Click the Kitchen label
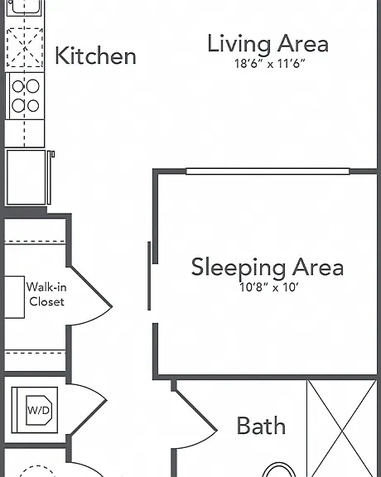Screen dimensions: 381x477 click(95, 55)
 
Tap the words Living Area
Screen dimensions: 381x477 click(268, 44)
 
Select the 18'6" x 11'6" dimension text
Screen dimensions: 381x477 click(270, 64)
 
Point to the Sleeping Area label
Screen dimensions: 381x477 click(268, 267)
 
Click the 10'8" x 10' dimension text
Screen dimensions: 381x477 click(269, 287)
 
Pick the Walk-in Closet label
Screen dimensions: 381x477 click(46, 294)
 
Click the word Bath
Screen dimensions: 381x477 click(261, 426)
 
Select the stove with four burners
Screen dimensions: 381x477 click(25, 96)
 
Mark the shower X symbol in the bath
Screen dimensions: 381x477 click(342, 428)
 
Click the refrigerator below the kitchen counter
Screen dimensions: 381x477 click(27, 177)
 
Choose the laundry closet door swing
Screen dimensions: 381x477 click(89, 409)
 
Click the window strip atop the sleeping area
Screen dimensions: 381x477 click(268, 171)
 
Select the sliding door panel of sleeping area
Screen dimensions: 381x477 click(149, 276)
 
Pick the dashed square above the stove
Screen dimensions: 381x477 click(25, 47)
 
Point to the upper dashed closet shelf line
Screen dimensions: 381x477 click(36, 243)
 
